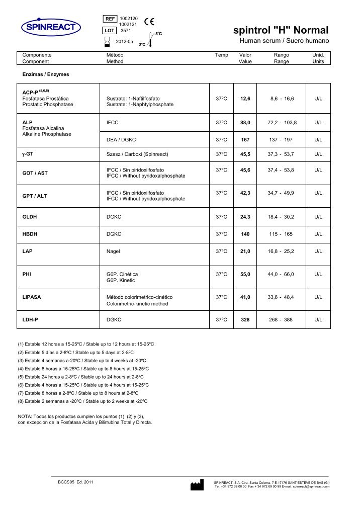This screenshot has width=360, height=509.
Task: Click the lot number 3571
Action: pos(126,31)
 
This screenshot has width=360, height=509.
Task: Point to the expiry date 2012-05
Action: pos(124,41)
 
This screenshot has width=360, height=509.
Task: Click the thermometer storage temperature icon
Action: pos(151,41)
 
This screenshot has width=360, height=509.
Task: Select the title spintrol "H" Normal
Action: pos(281,30)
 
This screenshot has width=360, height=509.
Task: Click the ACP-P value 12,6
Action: pos(245,98)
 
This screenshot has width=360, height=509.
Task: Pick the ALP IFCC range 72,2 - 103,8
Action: pos(282,122)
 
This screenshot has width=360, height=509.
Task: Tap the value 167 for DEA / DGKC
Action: pos(245,139)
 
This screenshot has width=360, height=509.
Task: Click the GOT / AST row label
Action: pos(35,173)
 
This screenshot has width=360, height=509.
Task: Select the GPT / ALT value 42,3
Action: pos(245,193)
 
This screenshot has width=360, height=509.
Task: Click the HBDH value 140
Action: pos(245,234)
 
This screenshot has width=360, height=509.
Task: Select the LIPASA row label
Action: pos(32,297)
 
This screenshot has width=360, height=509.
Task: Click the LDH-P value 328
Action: pos(245,319)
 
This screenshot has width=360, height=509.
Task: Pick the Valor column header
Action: pos(245,55)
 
